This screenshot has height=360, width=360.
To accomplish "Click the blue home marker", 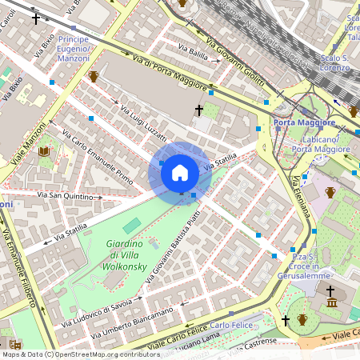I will (180, 173).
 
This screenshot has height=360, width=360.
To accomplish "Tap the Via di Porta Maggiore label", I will (170, 73).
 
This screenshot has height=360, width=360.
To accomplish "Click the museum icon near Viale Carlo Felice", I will (331, 302).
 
